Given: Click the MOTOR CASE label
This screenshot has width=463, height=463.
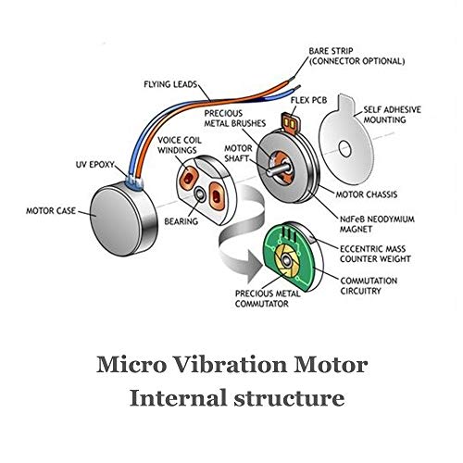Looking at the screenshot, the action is tap(51, 211).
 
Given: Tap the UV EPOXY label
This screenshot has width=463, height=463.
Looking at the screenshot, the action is tap(95, 165).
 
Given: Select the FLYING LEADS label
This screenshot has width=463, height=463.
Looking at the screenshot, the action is tap(170, 84).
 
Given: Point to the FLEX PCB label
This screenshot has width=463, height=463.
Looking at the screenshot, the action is tap(308, 100).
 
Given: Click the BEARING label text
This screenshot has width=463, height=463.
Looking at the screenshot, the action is tap(181, 221).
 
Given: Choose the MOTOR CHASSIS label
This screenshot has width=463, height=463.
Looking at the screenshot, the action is tap(367, 194).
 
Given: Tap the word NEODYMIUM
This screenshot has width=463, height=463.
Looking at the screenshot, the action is tap(391, 219).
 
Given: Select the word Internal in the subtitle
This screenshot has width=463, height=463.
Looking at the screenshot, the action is tap(178, 398).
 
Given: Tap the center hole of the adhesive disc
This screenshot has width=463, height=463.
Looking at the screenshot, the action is tap(344, 148).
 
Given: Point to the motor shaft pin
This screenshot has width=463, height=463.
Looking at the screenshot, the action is tap(279, 169).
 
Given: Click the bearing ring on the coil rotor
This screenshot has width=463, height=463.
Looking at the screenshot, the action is tap(200, 194).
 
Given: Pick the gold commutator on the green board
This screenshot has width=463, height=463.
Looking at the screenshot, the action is tap(287, 261).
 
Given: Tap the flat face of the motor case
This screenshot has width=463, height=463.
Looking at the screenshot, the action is tap(115, 219).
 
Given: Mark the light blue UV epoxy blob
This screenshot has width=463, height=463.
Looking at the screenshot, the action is tap(134, 181).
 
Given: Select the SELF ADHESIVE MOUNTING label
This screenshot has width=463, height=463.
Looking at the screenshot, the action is tap(392, 115).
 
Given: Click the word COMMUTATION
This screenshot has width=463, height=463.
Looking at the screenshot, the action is tap(369, 281).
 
